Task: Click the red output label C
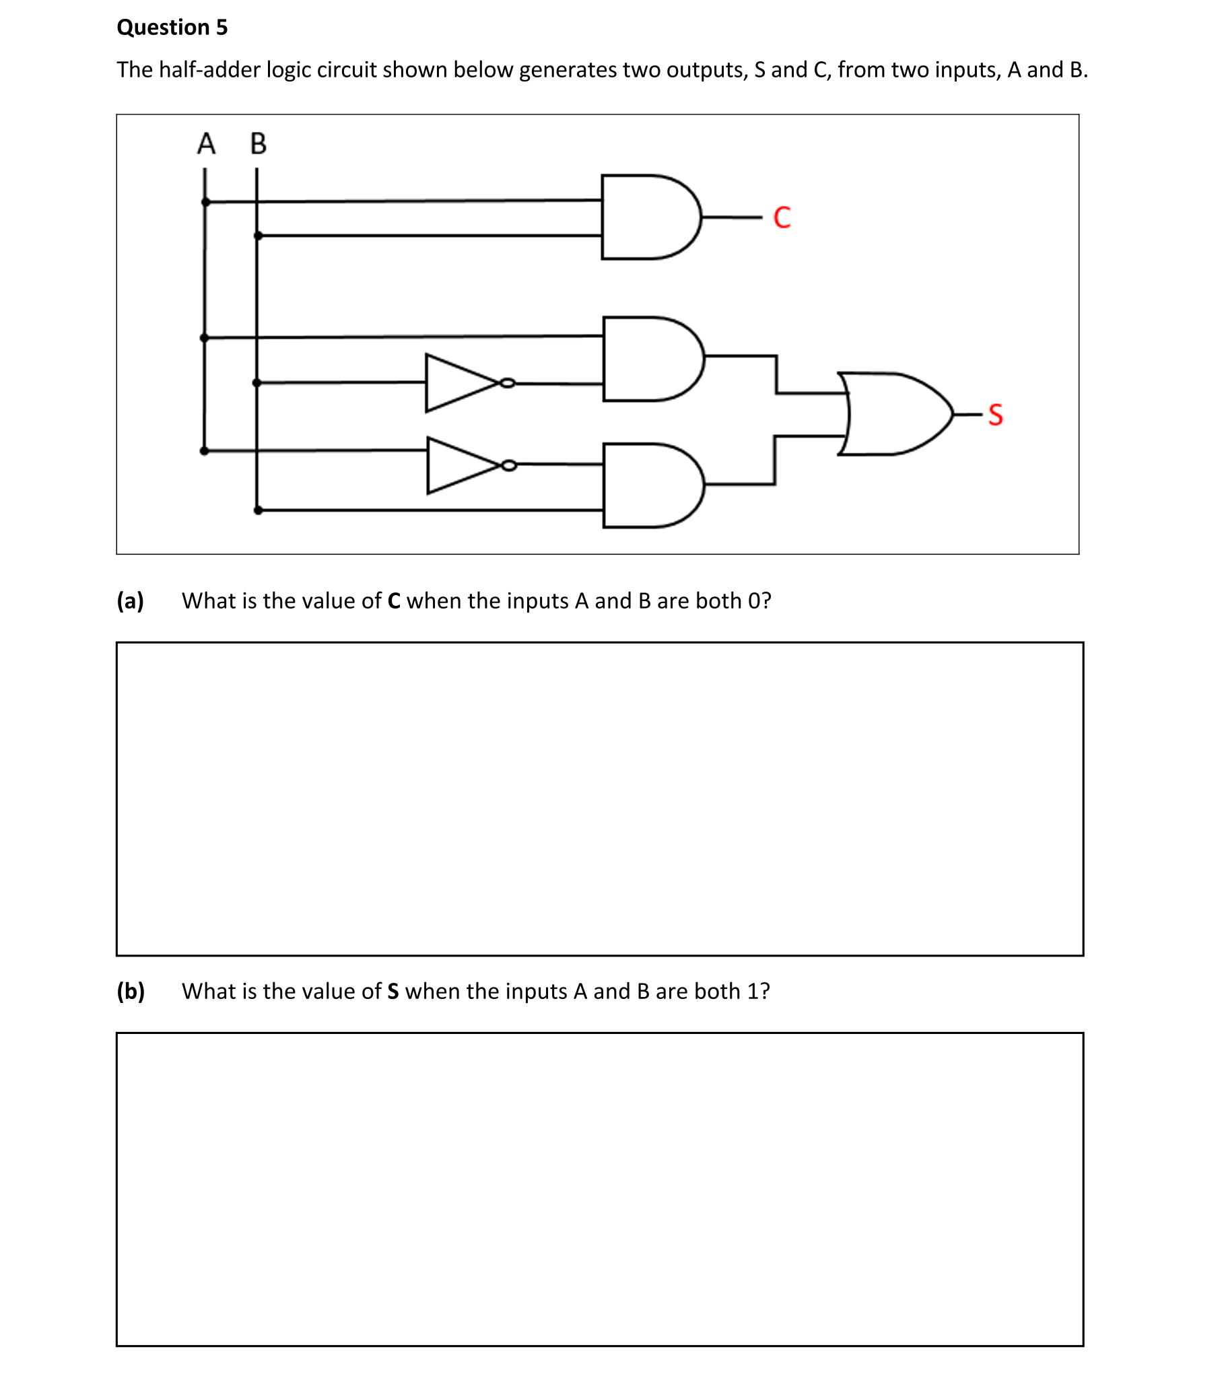[x=782, y=217]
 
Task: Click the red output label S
[x=996, y=415]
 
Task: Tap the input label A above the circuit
[x=206, y=144]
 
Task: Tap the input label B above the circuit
[x=259, y=144]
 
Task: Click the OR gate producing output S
[x=893, y=413]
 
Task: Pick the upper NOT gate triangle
[x=456, y=382]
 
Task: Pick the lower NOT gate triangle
[x=458, y=465]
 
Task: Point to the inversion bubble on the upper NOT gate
[x=507, y=383]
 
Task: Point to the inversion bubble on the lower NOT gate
[x=509, y=465]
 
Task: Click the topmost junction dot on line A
[x=205, y=202]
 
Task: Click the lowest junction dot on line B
[x=258, y=510]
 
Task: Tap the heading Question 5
[x=172, y=27]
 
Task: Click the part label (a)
[x=131, y=600]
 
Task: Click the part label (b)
[x=131, y=991]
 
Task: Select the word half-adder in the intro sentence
[x=209, y=69]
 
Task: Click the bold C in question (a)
[x=394, y=601]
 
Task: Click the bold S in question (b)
[x=393, y=992]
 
